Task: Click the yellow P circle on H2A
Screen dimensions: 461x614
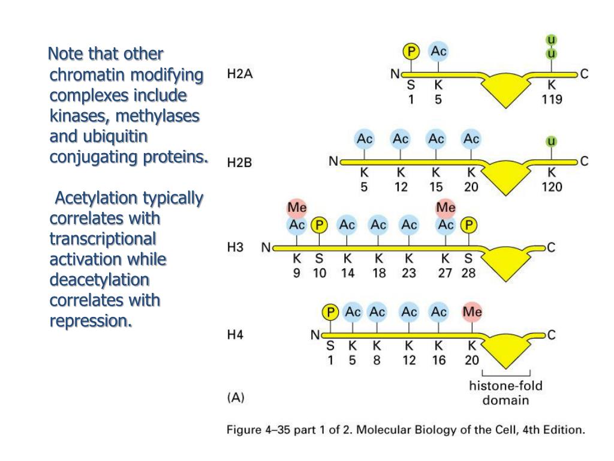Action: click(x=411, y=52)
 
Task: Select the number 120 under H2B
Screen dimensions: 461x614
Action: click(x=551, y=187)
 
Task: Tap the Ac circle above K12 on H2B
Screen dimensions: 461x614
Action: click(x=400, y=139)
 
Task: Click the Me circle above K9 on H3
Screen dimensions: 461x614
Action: click(x=297, y=208)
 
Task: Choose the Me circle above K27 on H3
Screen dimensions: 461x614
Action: click(x=446, y=208)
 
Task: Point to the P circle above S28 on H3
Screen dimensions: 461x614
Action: click(x=469, y=225)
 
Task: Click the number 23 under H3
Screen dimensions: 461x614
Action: click(x=409, y=273)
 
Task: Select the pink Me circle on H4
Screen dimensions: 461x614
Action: click(x=472, y=312)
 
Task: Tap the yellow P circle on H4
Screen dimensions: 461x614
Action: click(x=329, y=312)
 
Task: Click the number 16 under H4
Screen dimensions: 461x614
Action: click(x=438, y=360)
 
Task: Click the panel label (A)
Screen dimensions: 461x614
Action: click(x=236, y=397)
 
